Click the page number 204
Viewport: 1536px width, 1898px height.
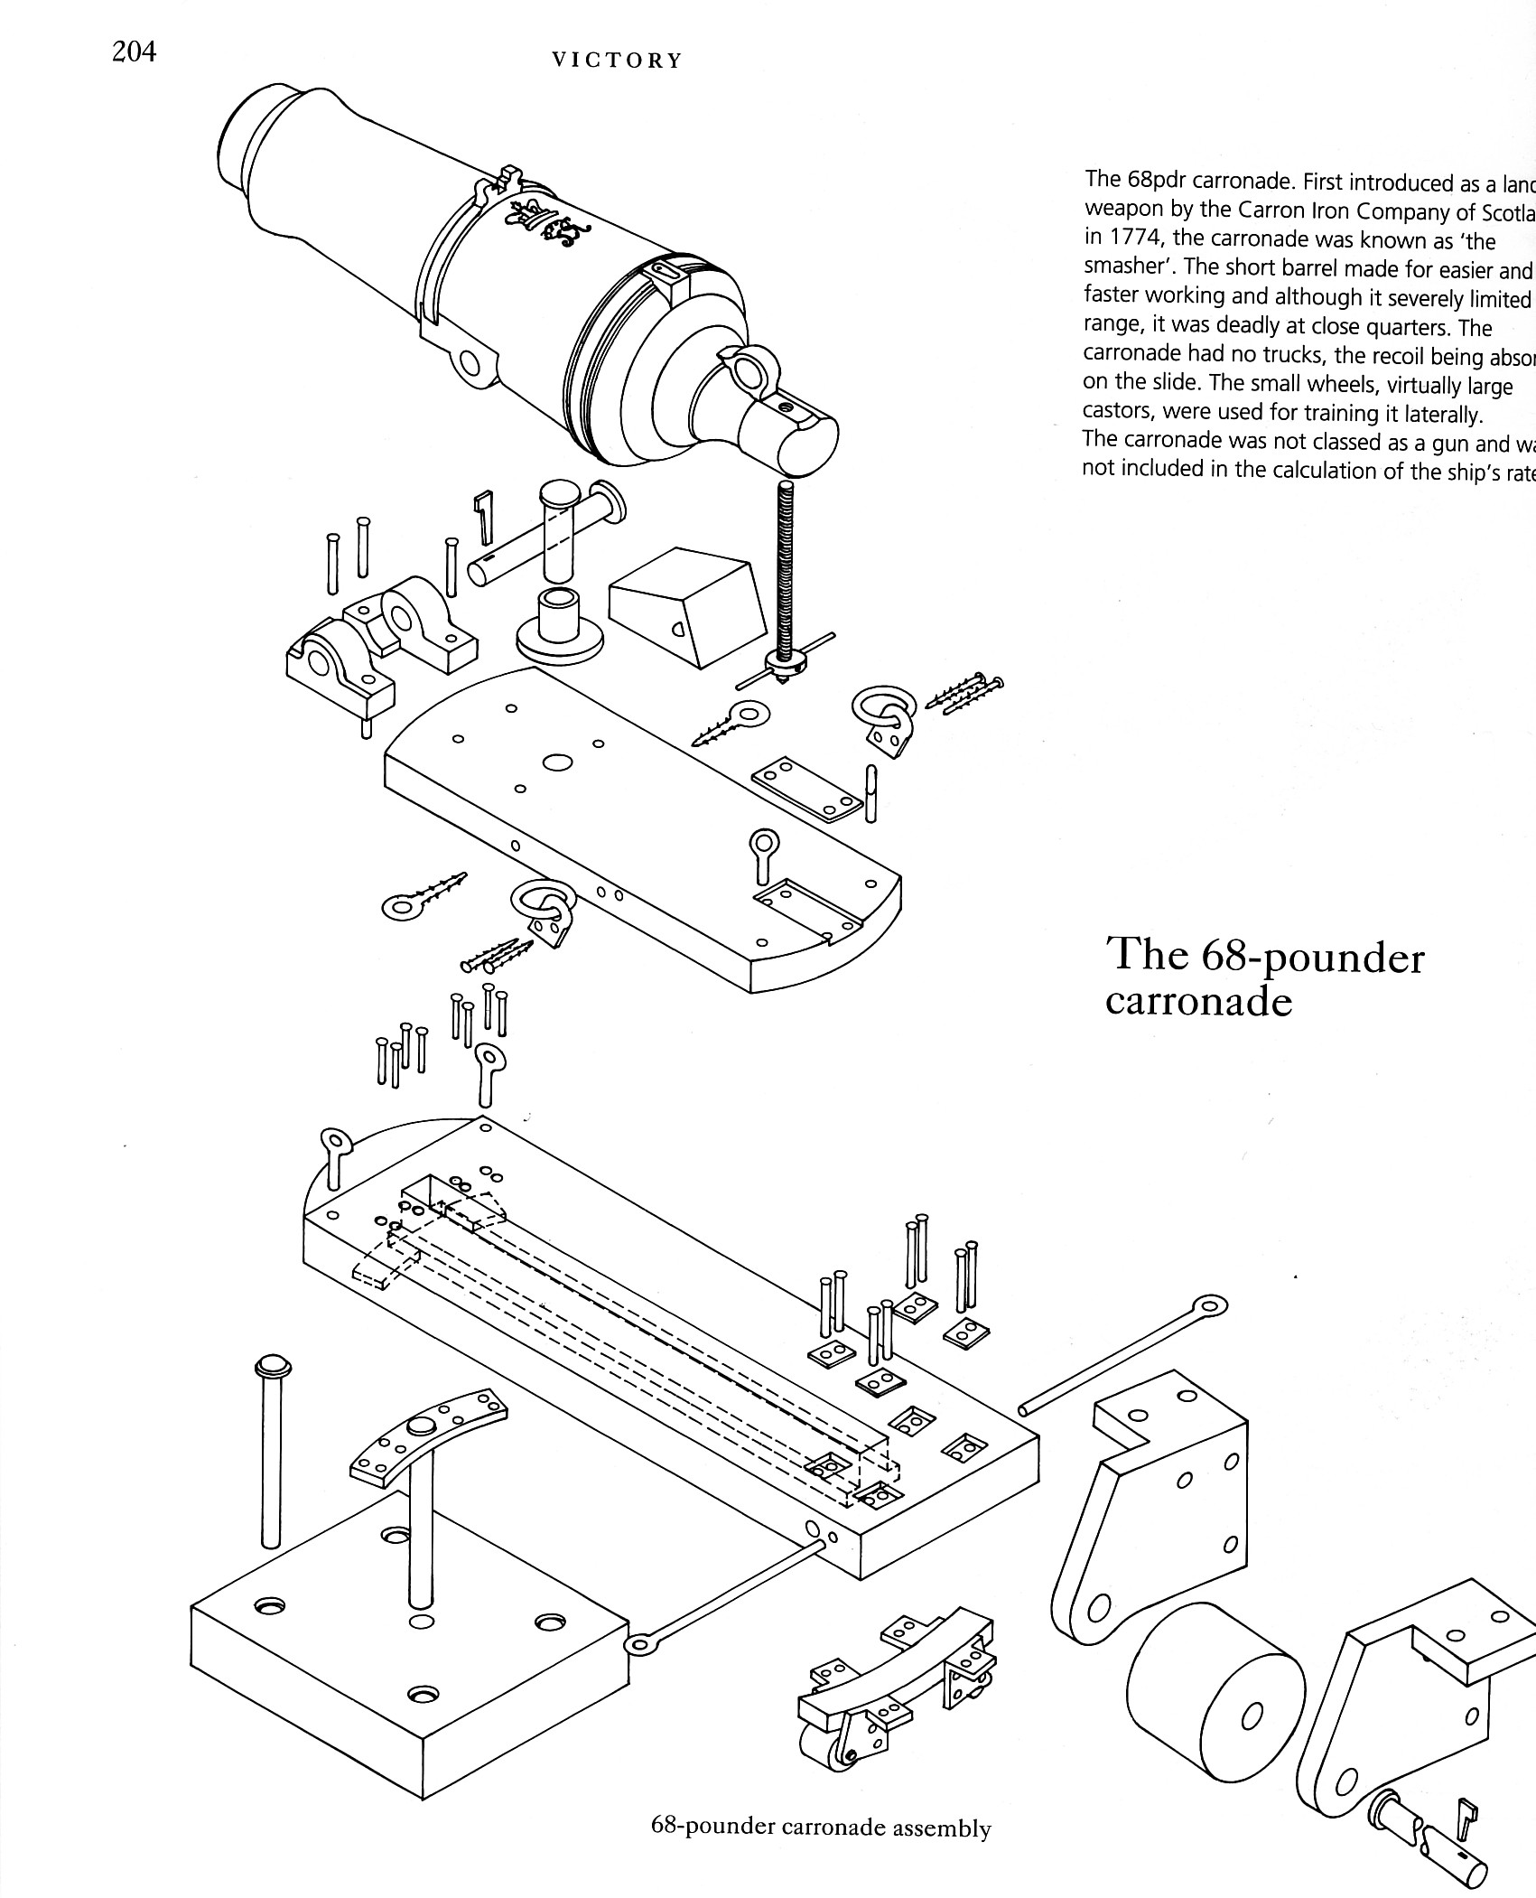pyautogui.click(x=134, y=51)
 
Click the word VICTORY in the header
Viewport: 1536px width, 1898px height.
pyautogui.click(x=617, y=61)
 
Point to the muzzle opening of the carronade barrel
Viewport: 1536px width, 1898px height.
pyautogui.click(x=237, y=144)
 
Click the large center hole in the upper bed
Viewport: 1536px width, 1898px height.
pyautogui.click(x=557, y=762)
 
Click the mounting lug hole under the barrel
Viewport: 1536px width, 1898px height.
pyautogui.click(x=470, y=364)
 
